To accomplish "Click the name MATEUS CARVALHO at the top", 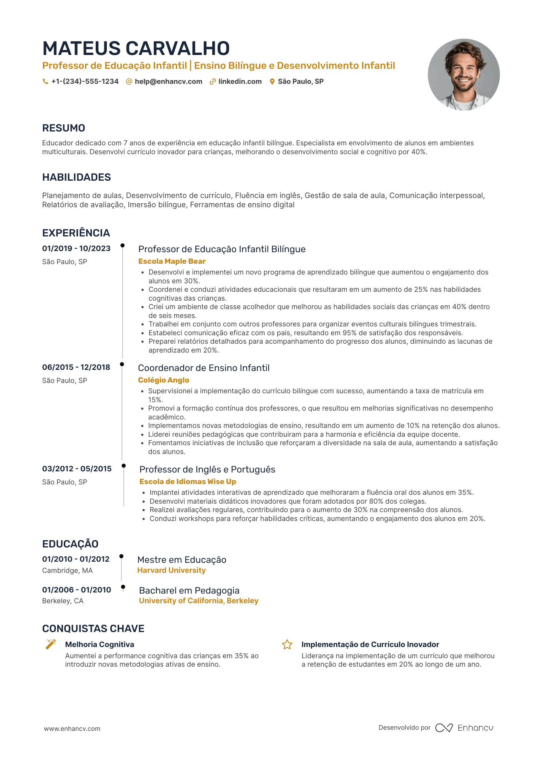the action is tap(136, 49).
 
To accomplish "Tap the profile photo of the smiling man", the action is tap(464, 75).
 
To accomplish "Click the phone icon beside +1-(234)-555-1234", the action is tap(45, 82).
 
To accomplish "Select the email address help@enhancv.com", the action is tap(168, 82).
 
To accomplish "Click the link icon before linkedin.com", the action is tap(213, 82).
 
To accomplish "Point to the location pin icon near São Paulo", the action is tap(272, 82).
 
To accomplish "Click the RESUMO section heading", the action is tap(63, 128).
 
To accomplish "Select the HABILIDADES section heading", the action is tap(76, 177).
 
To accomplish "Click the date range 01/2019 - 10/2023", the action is tap(76, 248).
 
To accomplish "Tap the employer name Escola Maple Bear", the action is tap(172, 261).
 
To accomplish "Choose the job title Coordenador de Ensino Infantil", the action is tap(204, 368).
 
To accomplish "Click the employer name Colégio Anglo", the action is tap(163, 380).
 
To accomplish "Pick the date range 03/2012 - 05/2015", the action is tap(77, 469).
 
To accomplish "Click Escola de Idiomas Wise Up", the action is tap(188, 481).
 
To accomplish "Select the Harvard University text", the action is tap(171, 570).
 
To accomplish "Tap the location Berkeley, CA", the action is tap(63, 601).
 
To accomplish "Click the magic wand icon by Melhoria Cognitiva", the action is tap(51, 644).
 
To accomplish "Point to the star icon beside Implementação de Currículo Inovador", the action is tap(287, 644).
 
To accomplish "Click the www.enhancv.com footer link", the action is tap(72, 729).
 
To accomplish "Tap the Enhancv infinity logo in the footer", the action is tap(444, 728).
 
